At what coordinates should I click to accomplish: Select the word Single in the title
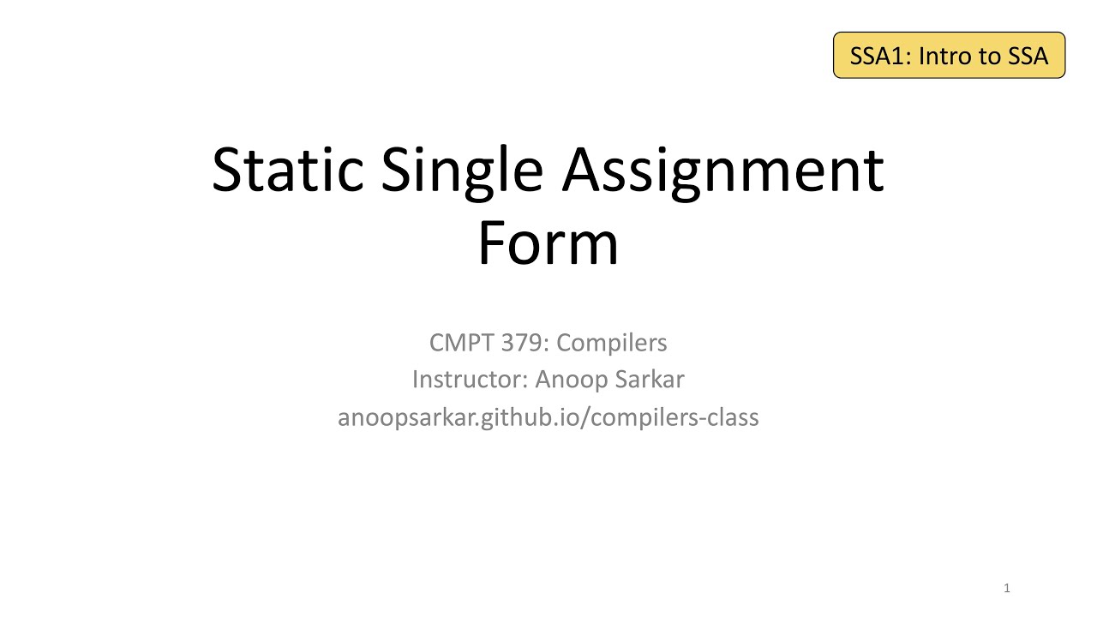coord(462,170)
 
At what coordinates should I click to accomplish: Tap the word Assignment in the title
coord(722,170)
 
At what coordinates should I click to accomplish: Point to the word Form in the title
coord(548,243)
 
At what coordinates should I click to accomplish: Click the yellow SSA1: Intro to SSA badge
coord(949,56)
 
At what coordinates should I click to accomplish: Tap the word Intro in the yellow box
coord(945,57)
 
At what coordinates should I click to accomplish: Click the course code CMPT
coord(459,343)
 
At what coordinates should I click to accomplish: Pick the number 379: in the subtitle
coord(522,343)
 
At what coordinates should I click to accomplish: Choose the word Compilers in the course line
coord(611,344)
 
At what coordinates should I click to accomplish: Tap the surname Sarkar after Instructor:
coord(645,379)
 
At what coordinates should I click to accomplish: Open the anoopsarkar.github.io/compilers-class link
coord(548,417)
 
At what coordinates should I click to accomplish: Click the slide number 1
coord(1007,588)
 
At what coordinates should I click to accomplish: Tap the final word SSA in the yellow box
coord(1026,57)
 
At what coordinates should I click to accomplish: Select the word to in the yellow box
coord(986,57)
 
